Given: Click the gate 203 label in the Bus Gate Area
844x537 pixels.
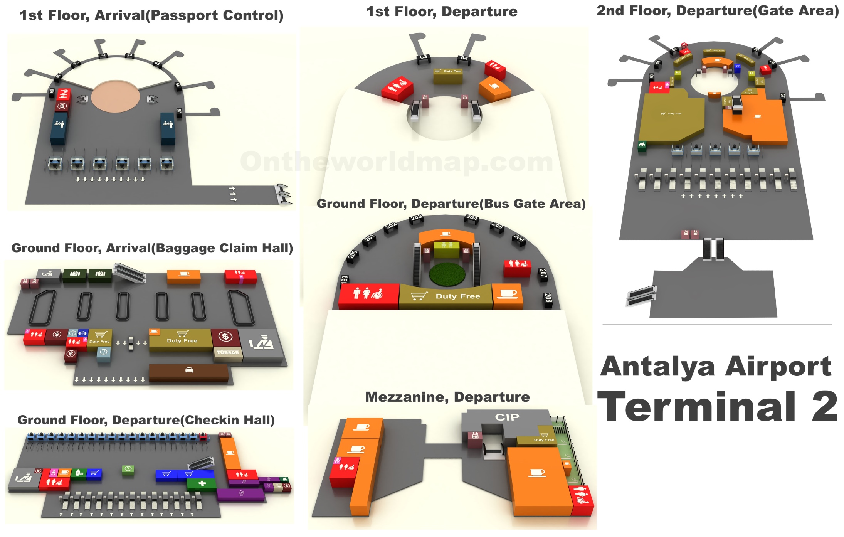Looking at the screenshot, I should pos(416,218).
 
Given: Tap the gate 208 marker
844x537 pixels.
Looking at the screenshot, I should pos(548,299).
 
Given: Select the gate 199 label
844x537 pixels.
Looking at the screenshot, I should pos(345,280).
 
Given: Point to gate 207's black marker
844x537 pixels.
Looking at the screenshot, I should pos(543,274).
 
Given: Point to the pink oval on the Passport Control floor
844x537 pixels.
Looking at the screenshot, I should pos(116,96).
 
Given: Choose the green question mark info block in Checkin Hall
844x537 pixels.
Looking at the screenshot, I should pos(128,469).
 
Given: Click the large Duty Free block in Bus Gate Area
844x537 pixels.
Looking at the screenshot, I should pos(446,296).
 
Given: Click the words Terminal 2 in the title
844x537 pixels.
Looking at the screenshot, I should pos(717,407).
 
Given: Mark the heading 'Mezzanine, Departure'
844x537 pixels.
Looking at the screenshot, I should pos(447,397).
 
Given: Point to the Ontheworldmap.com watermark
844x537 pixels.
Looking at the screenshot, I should pos(397,162).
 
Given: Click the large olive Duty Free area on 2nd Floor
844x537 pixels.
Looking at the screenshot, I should pos(671,116).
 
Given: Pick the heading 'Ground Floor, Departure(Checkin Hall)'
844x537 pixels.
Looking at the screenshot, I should pos(146,420).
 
